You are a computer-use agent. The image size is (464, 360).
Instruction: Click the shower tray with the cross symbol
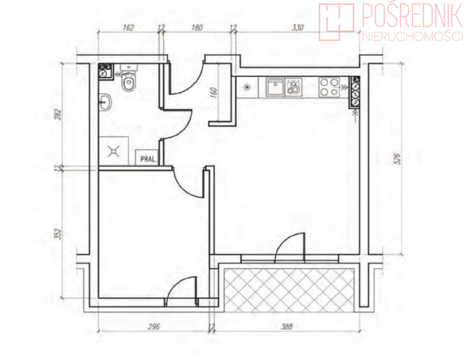(x=113, y=151)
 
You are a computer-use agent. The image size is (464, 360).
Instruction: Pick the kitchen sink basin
(x=275, y=87)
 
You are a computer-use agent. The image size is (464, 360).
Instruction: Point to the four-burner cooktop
(x=329, y=87)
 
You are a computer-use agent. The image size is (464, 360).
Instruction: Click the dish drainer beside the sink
(x=293, y=87)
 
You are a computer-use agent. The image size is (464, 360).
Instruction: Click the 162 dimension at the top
(x=128, y=28)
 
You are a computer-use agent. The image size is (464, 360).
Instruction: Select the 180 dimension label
(x=197, y=28)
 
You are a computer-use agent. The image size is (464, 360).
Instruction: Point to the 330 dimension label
(x=298, y=28)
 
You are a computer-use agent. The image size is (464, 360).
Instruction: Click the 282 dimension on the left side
(x=59, y=114)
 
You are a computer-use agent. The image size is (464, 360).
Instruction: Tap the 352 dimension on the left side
(x=59, y=233)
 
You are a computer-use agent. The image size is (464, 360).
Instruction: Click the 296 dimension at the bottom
(x=154, y=327)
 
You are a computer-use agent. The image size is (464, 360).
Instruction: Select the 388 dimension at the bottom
(x=286, y=327)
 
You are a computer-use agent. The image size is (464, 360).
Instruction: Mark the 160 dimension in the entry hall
(x=214, y=92)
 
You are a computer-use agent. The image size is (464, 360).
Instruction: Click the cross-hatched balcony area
(x=289, y=290)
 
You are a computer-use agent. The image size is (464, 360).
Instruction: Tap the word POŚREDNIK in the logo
(x=412, y=15)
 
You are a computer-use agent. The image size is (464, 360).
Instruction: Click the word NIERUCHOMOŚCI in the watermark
(x=412, y=37)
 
